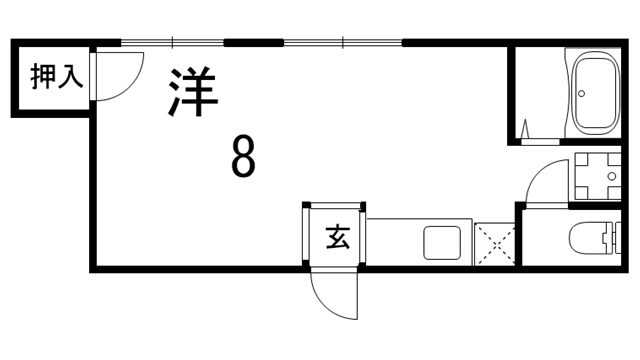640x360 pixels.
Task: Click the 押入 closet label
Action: click(x=49, y=77)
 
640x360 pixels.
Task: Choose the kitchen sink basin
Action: click(x=442, y=243)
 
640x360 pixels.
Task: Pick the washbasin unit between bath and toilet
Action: click(x=598, y=175)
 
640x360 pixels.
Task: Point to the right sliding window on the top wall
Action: click(x=342, y=43)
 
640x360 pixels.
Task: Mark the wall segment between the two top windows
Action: click(x=252, y=43)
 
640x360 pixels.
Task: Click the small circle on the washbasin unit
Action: click(x=613, y=175)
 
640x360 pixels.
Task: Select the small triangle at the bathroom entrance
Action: click(x=526, y=128)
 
